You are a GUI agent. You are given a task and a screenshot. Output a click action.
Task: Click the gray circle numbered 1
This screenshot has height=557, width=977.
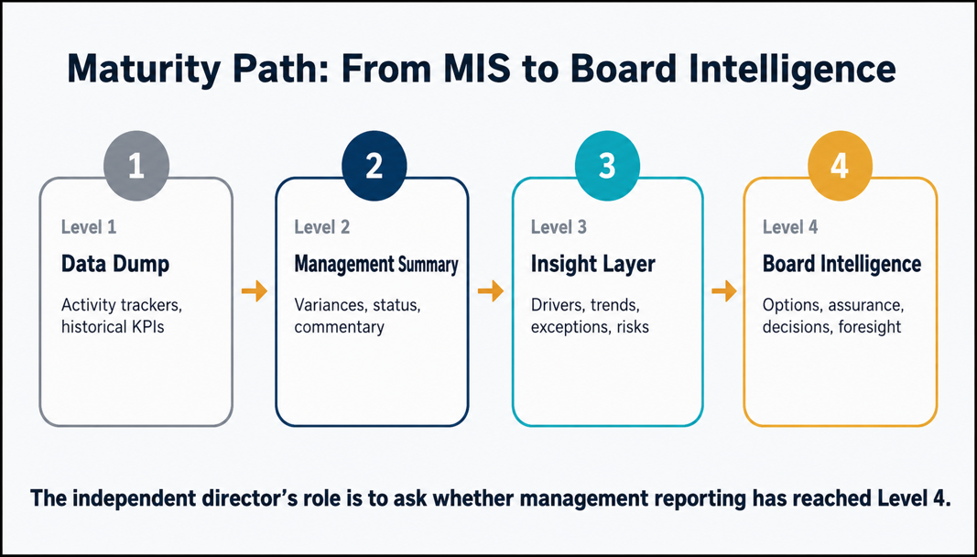136,167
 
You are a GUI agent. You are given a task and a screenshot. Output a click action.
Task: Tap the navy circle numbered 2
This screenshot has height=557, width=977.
374,167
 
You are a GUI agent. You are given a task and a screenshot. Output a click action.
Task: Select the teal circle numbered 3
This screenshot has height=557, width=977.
606,165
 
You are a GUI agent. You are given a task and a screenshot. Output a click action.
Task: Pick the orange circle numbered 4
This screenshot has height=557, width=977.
840,167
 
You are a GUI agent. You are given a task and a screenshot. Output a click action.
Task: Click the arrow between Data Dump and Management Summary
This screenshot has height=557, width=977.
255,290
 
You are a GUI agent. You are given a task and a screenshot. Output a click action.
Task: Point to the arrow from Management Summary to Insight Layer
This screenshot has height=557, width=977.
491,290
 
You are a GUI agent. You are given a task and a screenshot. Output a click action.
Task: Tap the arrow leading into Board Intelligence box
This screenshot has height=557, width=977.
724,290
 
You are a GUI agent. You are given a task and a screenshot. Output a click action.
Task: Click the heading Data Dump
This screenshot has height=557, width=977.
115,264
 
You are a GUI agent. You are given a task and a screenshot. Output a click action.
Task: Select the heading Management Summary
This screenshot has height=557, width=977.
375,264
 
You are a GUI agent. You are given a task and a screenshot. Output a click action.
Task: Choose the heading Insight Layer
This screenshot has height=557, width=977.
593,264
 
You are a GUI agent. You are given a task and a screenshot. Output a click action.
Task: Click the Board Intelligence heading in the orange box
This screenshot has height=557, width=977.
841,264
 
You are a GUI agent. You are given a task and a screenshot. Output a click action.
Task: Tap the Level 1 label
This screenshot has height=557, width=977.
89,227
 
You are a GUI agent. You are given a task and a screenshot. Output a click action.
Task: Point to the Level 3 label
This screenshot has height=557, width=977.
559,227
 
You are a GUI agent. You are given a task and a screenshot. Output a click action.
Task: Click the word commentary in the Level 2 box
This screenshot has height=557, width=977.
339,327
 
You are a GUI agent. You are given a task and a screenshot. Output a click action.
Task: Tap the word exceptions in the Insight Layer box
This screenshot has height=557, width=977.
570,327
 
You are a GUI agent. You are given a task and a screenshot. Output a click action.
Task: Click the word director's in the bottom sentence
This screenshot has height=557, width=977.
235,499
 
